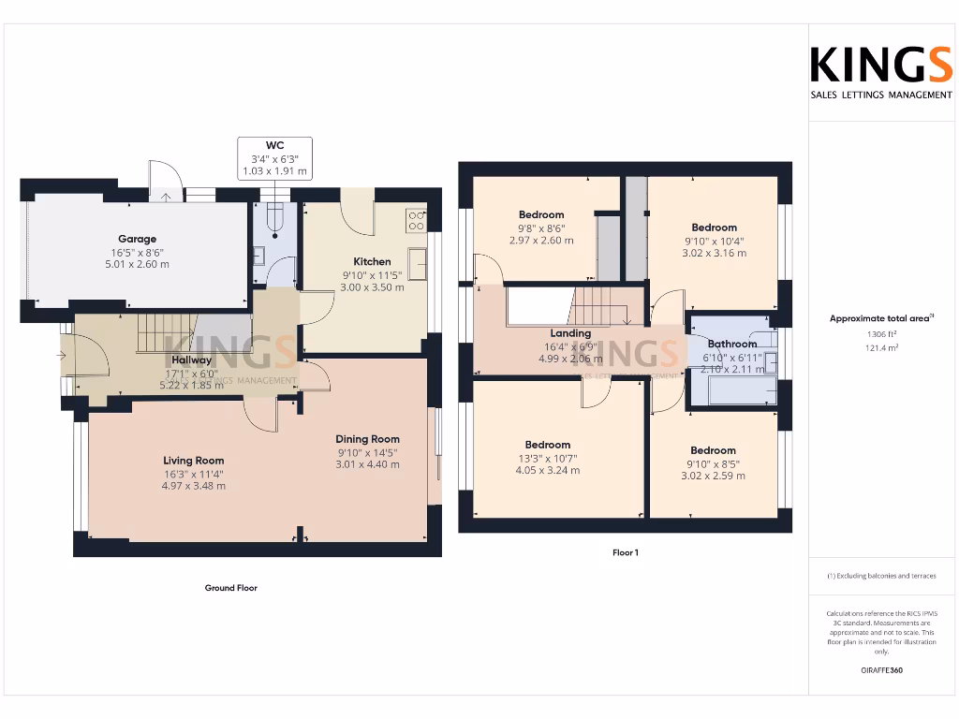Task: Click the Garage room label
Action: (x=137, y=239)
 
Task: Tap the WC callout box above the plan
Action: (x=274, y=158)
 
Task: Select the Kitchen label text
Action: (x=372, y=261)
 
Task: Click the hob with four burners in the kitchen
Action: (x=416, y=220)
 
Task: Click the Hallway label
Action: (x=191, y=359)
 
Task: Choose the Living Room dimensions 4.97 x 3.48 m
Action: (x=193, y=486)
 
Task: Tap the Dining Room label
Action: (x=367, y=439)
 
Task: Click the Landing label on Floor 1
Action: (x=570, y=333)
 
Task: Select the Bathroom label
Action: (x=731, y=344)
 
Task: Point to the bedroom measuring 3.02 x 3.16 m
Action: (x=714, y=253)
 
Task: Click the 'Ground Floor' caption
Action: (x=230, y=588)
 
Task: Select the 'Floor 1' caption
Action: (x=625, y=552)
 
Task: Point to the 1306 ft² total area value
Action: (x=880, y=334)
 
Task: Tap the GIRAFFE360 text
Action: (x=880, y=670)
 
